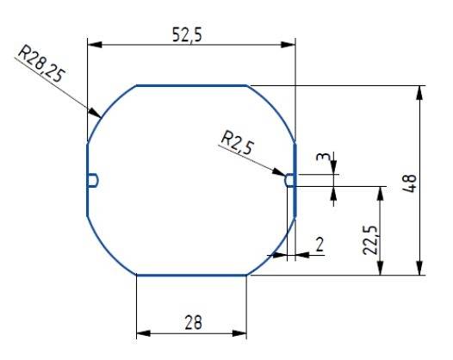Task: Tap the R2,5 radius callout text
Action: [x=238, y=141]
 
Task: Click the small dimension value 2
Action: [x=319, y=245]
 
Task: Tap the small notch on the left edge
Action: [x=93, y=179]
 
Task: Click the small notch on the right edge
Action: [x=290, y=179]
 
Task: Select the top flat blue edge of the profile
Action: [x=191, y=85]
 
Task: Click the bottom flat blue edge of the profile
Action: [x=191, y=275]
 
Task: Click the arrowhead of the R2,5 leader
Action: [x=282, y=173]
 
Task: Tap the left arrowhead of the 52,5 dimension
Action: [x=94, y=44]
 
